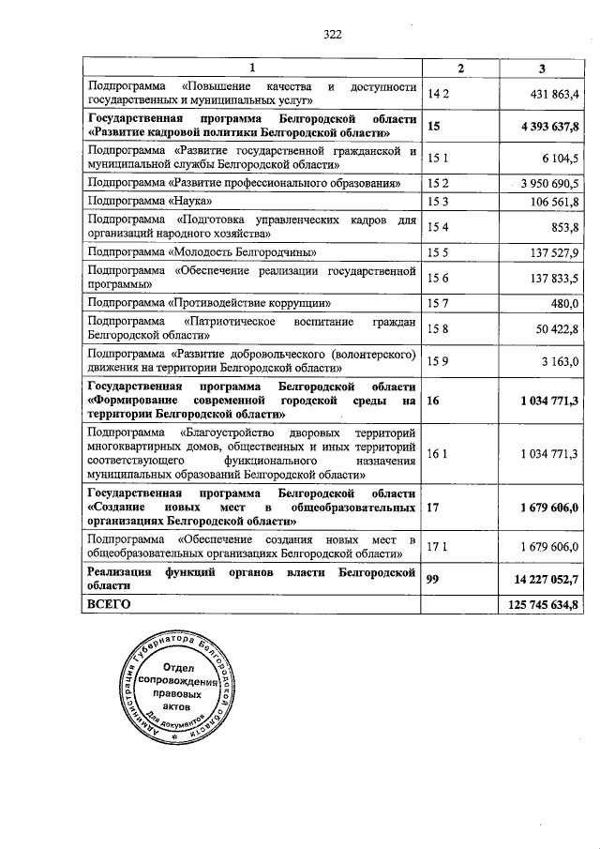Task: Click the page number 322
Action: pos(333,34)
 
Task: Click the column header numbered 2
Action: pos(459,68)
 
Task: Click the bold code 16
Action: pos(433,401)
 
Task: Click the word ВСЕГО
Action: pos(109,604)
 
